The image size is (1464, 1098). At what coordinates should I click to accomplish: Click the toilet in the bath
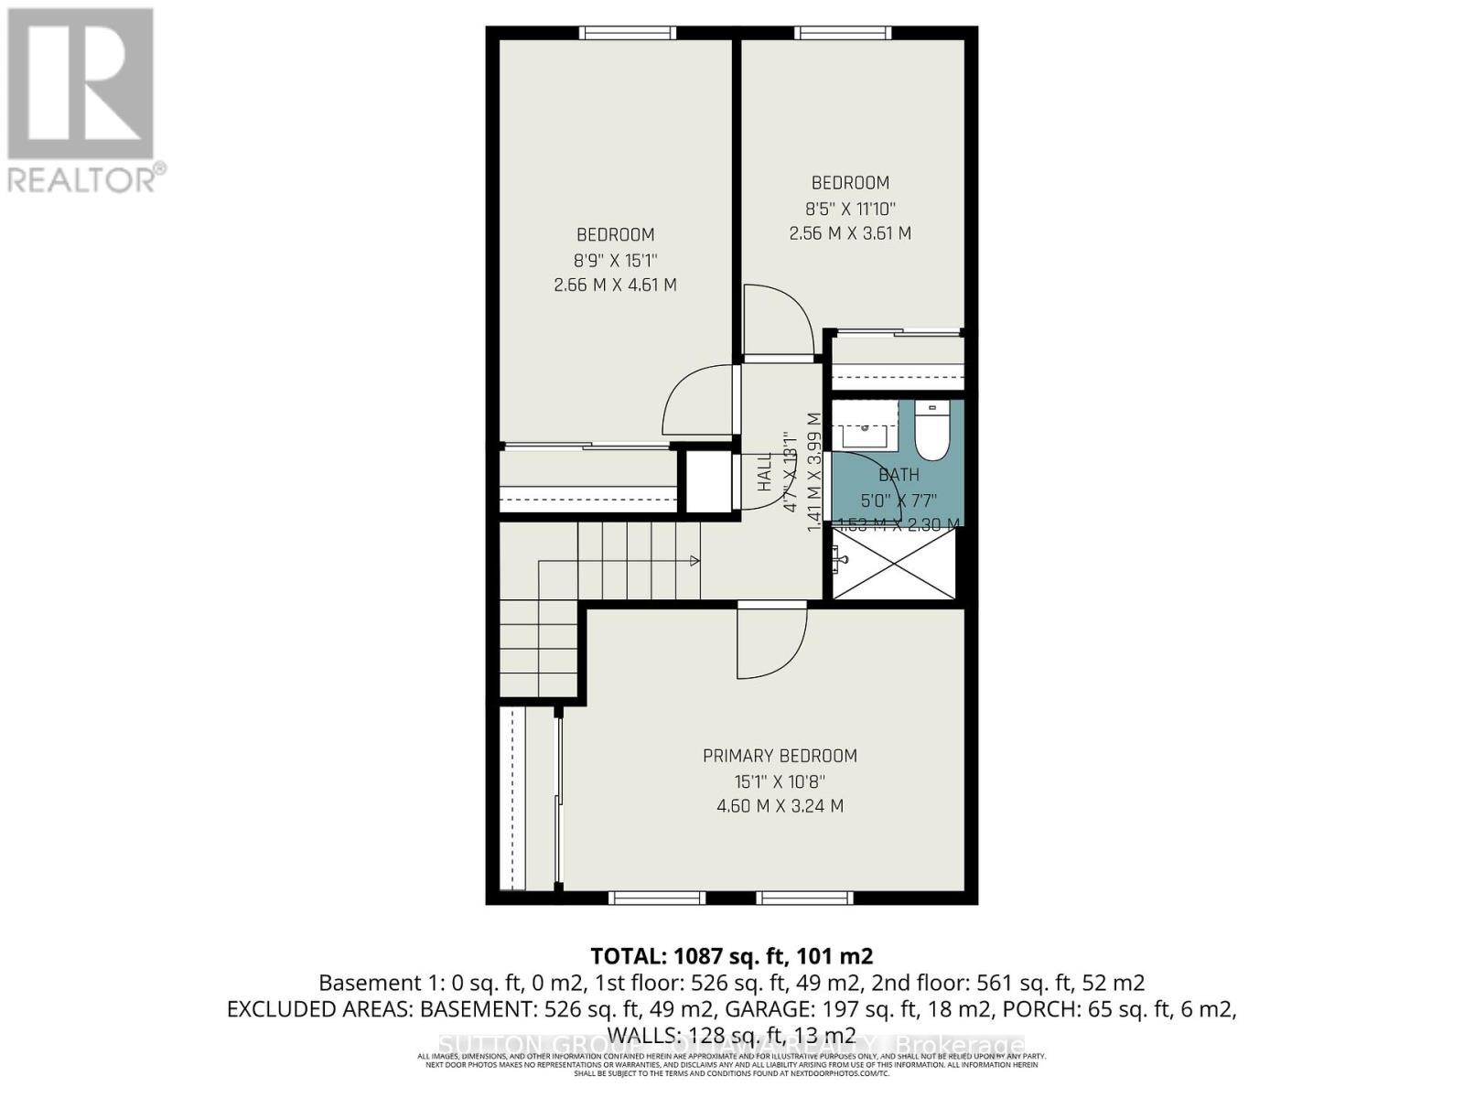tap(932, 434)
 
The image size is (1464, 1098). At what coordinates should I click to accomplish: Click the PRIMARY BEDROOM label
tap(780, 756)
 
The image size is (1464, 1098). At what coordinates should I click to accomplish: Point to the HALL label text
tap(765, 473)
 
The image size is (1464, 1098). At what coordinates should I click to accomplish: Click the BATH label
tap(899, 475)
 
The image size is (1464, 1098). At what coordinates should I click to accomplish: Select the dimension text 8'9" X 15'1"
tap(615, 260)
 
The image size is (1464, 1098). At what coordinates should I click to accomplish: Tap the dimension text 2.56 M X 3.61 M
tap(850, 233)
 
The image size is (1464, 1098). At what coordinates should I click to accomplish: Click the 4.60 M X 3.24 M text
tap(780, 806)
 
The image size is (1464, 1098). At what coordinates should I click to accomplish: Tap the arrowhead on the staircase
tap(695, 560)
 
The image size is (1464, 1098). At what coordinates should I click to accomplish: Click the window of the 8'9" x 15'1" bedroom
tap(628, 33)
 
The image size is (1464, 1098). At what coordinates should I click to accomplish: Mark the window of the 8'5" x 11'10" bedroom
tap(843, 33)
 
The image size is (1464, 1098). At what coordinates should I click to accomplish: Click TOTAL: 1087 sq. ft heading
tap(731, 956)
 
